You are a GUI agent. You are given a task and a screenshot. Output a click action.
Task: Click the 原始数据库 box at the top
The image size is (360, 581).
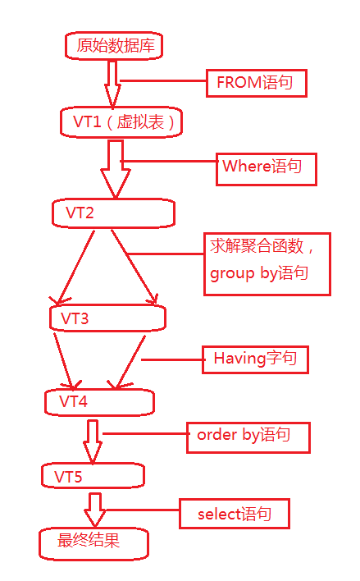point(114,46)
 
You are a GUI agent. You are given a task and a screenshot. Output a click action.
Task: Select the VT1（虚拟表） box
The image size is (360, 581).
point(121,122)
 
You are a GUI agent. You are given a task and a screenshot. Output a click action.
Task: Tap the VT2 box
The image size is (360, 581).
point(113,213)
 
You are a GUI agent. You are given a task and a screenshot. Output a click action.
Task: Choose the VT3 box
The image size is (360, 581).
point(107,318)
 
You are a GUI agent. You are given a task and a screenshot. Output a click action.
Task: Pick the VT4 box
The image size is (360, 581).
point(100,401)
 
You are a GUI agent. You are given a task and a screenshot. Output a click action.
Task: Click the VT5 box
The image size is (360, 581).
point(93,476)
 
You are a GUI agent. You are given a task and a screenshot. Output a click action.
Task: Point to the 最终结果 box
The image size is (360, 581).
point(93,542)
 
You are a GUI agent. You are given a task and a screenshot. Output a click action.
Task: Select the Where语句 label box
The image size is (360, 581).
point(265,167)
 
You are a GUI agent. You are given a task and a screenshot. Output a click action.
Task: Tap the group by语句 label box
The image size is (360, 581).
point(267,263)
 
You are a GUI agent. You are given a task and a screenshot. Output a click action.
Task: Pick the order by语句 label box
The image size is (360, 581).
point(248,437)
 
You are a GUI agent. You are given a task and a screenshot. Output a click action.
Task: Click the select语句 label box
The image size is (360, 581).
point(236,515)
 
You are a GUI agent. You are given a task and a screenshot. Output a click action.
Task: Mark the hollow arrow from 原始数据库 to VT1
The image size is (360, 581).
point(112,83)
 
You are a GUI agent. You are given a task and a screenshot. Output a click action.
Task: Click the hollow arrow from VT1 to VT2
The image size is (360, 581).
point(115,169)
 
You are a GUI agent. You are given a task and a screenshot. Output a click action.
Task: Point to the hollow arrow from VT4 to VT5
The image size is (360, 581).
point(93,441)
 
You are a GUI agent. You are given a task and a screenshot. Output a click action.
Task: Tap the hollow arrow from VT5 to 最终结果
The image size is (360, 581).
point(95,510)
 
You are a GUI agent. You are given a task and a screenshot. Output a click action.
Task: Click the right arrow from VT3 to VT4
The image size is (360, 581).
point(130,359)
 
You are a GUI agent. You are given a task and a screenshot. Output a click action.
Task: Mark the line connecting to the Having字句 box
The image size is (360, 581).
point(171,359)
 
